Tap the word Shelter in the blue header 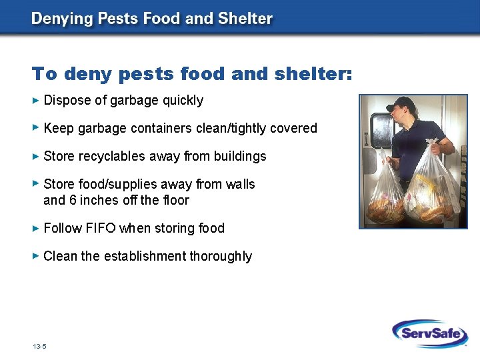tap(246, 18)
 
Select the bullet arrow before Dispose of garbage tap(36, 100)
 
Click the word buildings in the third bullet tap(240, 156)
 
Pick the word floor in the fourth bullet tap(175, 200)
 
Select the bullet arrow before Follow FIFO tap(36, 228)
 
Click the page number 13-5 tap(39, 347)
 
